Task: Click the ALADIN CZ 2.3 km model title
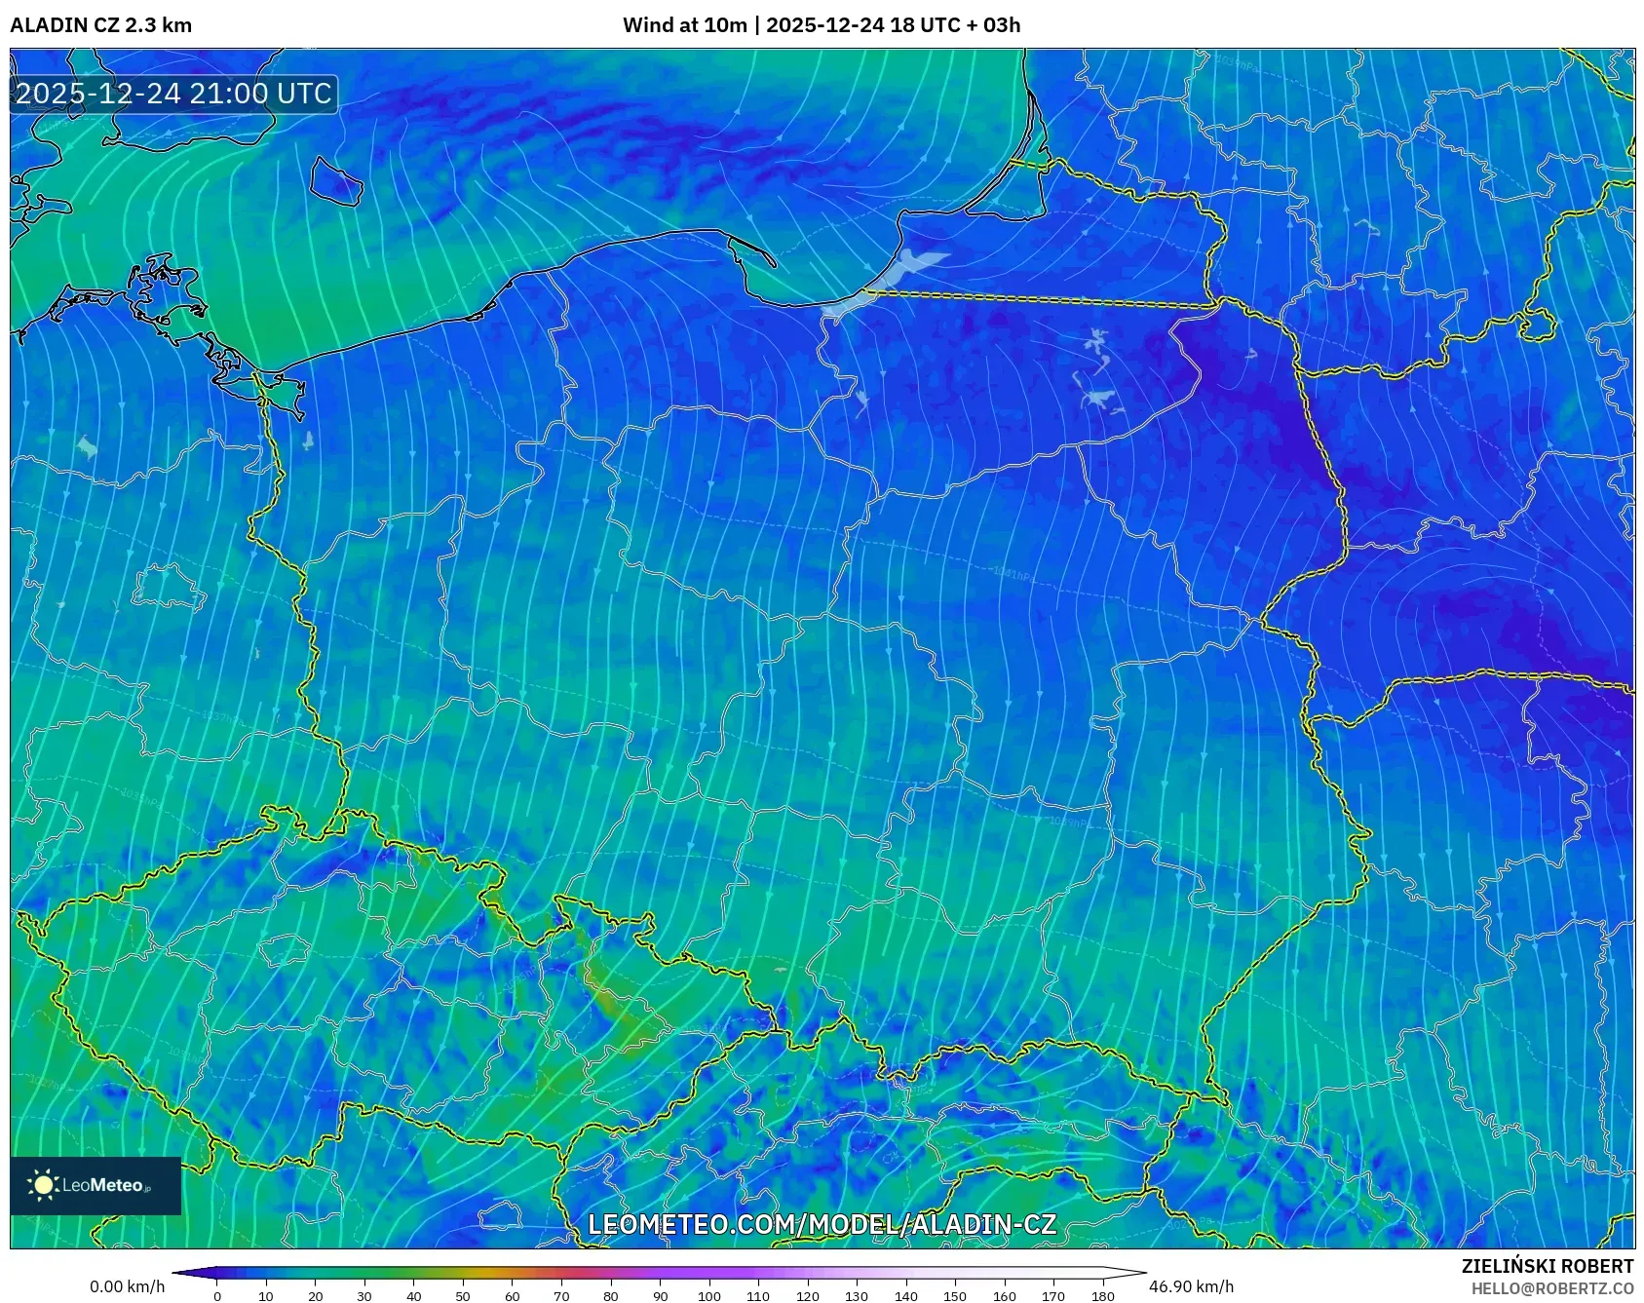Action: click(100, 25)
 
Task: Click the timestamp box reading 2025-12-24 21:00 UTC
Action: click(173, 94)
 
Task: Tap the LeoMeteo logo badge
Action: click(96, 1185)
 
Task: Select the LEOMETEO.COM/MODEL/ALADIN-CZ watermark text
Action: click(822, 1224)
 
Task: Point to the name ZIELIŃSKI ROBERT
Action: click(1547, 1266)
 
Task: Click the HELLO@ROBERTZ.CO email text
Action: click(1551, 1288)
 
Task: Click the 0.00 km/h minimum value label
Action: click(127, 1286)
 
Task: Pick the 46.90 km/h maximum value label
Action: click(1191, 1286)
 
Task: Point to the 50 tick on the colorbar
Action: click(463, 1296)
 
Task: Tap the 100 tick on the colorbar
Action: click(708, 1296)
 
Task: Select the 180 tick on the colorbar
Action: click(1102, 1296)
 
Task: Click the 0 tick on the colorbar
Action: click(216, 1296)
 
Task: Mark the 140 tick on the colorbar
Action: click(905, 1296)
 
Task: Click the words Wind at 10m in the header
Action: click(684, 25)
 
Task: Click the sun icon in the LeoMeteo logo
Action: click(44, 1185)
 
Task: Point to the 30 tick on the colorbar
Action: click(364, 1296)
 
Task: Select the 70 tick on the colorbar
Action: click(561, 1296)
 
